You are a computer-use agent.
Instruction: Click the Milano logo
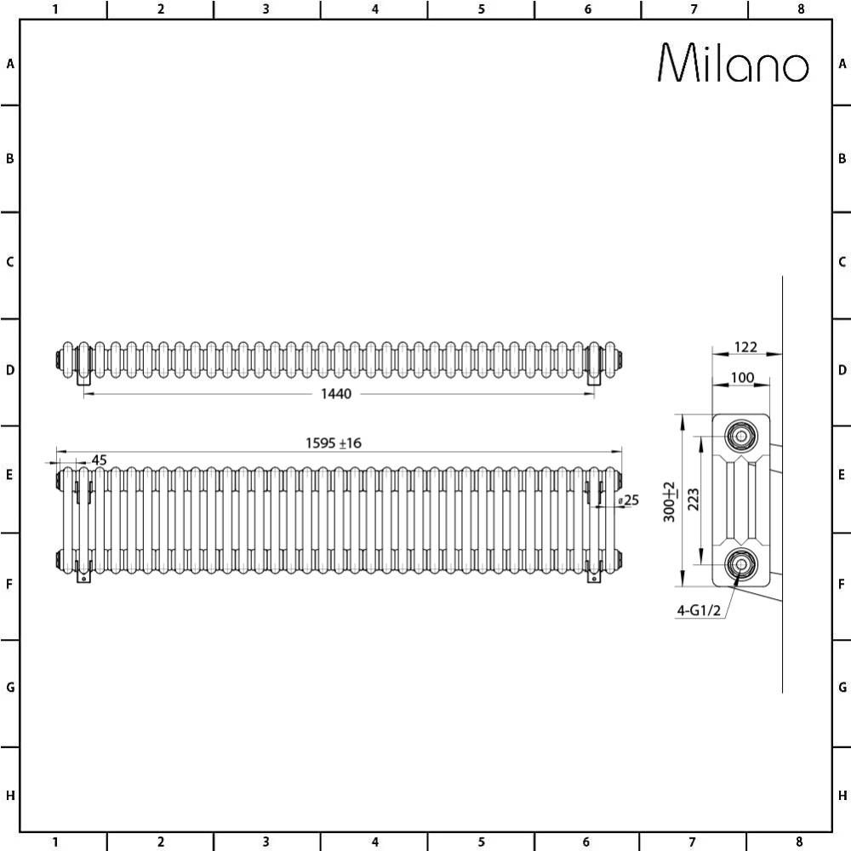coord(733,63)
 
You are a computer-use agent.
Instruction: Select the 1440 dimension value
coord(336,393)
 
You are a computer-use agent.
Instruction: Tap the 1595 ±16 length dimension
coord(334,443)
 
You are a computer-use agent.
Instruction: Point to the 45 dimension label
coord(99,460)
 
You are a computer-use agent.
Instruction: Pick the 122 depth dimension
coord(745,347)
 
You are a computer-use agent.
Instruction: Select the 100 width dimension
coord(742,377)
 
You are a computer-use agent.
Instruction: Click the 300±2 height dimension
coord(669,500)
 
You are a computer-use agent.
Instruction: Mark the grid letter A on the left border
coord(10,64)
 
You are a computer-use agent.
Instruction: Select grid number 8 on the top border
coord(800,9)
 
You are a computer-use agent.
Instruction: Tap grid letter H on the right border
coord(842,796)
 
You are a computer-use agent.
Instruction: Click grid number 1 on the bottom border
coord(54,842)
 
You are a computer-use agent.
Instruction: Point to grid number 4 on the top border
coord(374,9)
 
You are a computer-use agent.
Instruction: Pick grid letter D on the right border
coord(842,370)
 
